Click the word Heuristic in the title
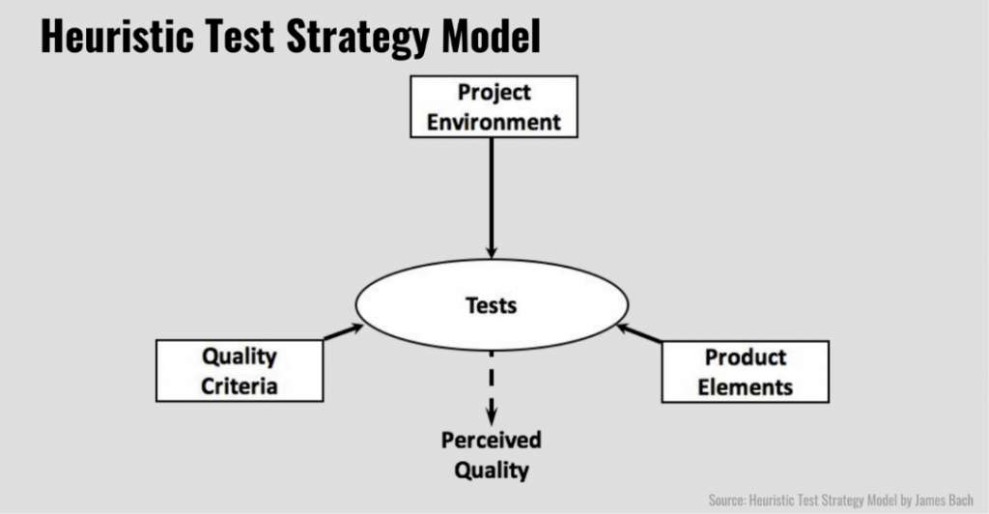pos(117,37)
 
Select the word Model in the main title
pos(492,37)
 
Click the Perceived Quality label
pos(492,455)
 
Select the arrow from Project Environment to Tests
pos(492,198)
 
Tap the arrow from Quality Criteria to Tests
pos(344,332)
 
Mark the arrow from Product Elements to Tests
pos(639,333)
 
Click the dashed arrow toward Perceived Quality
pos(492,387)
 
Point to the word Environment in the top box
pos(494,122)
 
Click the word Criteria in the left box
pos(240,385)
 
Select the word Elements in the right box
pos(745,387)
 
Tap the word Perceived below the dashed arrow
pos(492,440)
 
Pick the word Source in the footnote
pos(726,500)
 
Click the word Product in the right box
pos(746,357)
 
